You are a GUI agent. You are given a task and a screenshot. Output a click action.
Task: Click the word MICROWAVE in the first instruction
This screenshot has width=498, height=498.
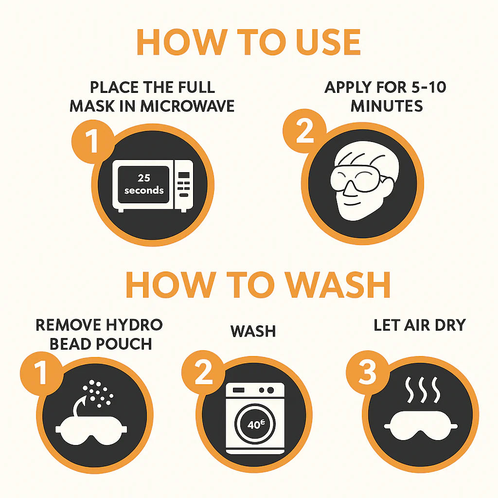pyautogui.click(x=187, y=106)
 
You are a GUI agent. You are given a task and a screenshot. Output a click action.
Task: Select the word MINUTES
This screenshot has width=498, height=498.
pyautogui.click(x=387, y=106)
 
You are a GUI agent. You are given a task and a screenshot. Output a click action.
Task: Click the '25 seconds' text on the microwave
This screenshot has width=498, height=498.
pyautogui.click(x=144, y=184)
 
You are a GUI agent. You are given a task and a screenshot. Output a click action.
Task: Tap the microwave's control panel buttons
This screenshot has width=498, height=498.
pyautogui.click(x=183, y=184)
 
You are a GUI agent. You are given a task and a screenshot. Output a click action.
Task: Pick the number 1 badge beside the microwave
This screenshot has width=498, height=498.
pyautogui.click(x=93, y=142)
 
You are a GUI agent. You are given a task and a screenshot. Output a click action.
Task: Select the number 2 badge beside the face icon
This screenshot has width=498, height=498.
pyautogui.click(x=304, y=131)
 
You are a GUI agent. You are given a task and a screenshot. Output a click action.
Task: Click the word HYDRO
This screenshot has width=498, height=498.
pyautogui.click(x=134, y=325)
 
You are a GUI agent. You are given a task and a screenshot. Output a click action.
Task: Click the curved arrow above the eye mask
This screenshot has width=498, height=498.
pyautogui.click(x=78, y=405)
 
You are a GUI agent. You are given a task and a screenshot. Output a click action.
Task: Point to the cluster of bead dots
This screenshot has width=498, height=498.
pyautogui.click(x=97, y=393)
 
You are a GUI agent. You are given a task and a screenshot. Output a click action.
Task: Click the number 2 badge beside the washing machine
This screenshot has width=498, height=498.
pyautogui.click(x=203, y=372)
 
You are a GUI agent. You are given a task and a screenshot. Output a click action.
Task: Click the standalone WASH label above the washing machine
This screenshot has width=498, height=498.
pyautogui.click(x=253, y=331)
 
